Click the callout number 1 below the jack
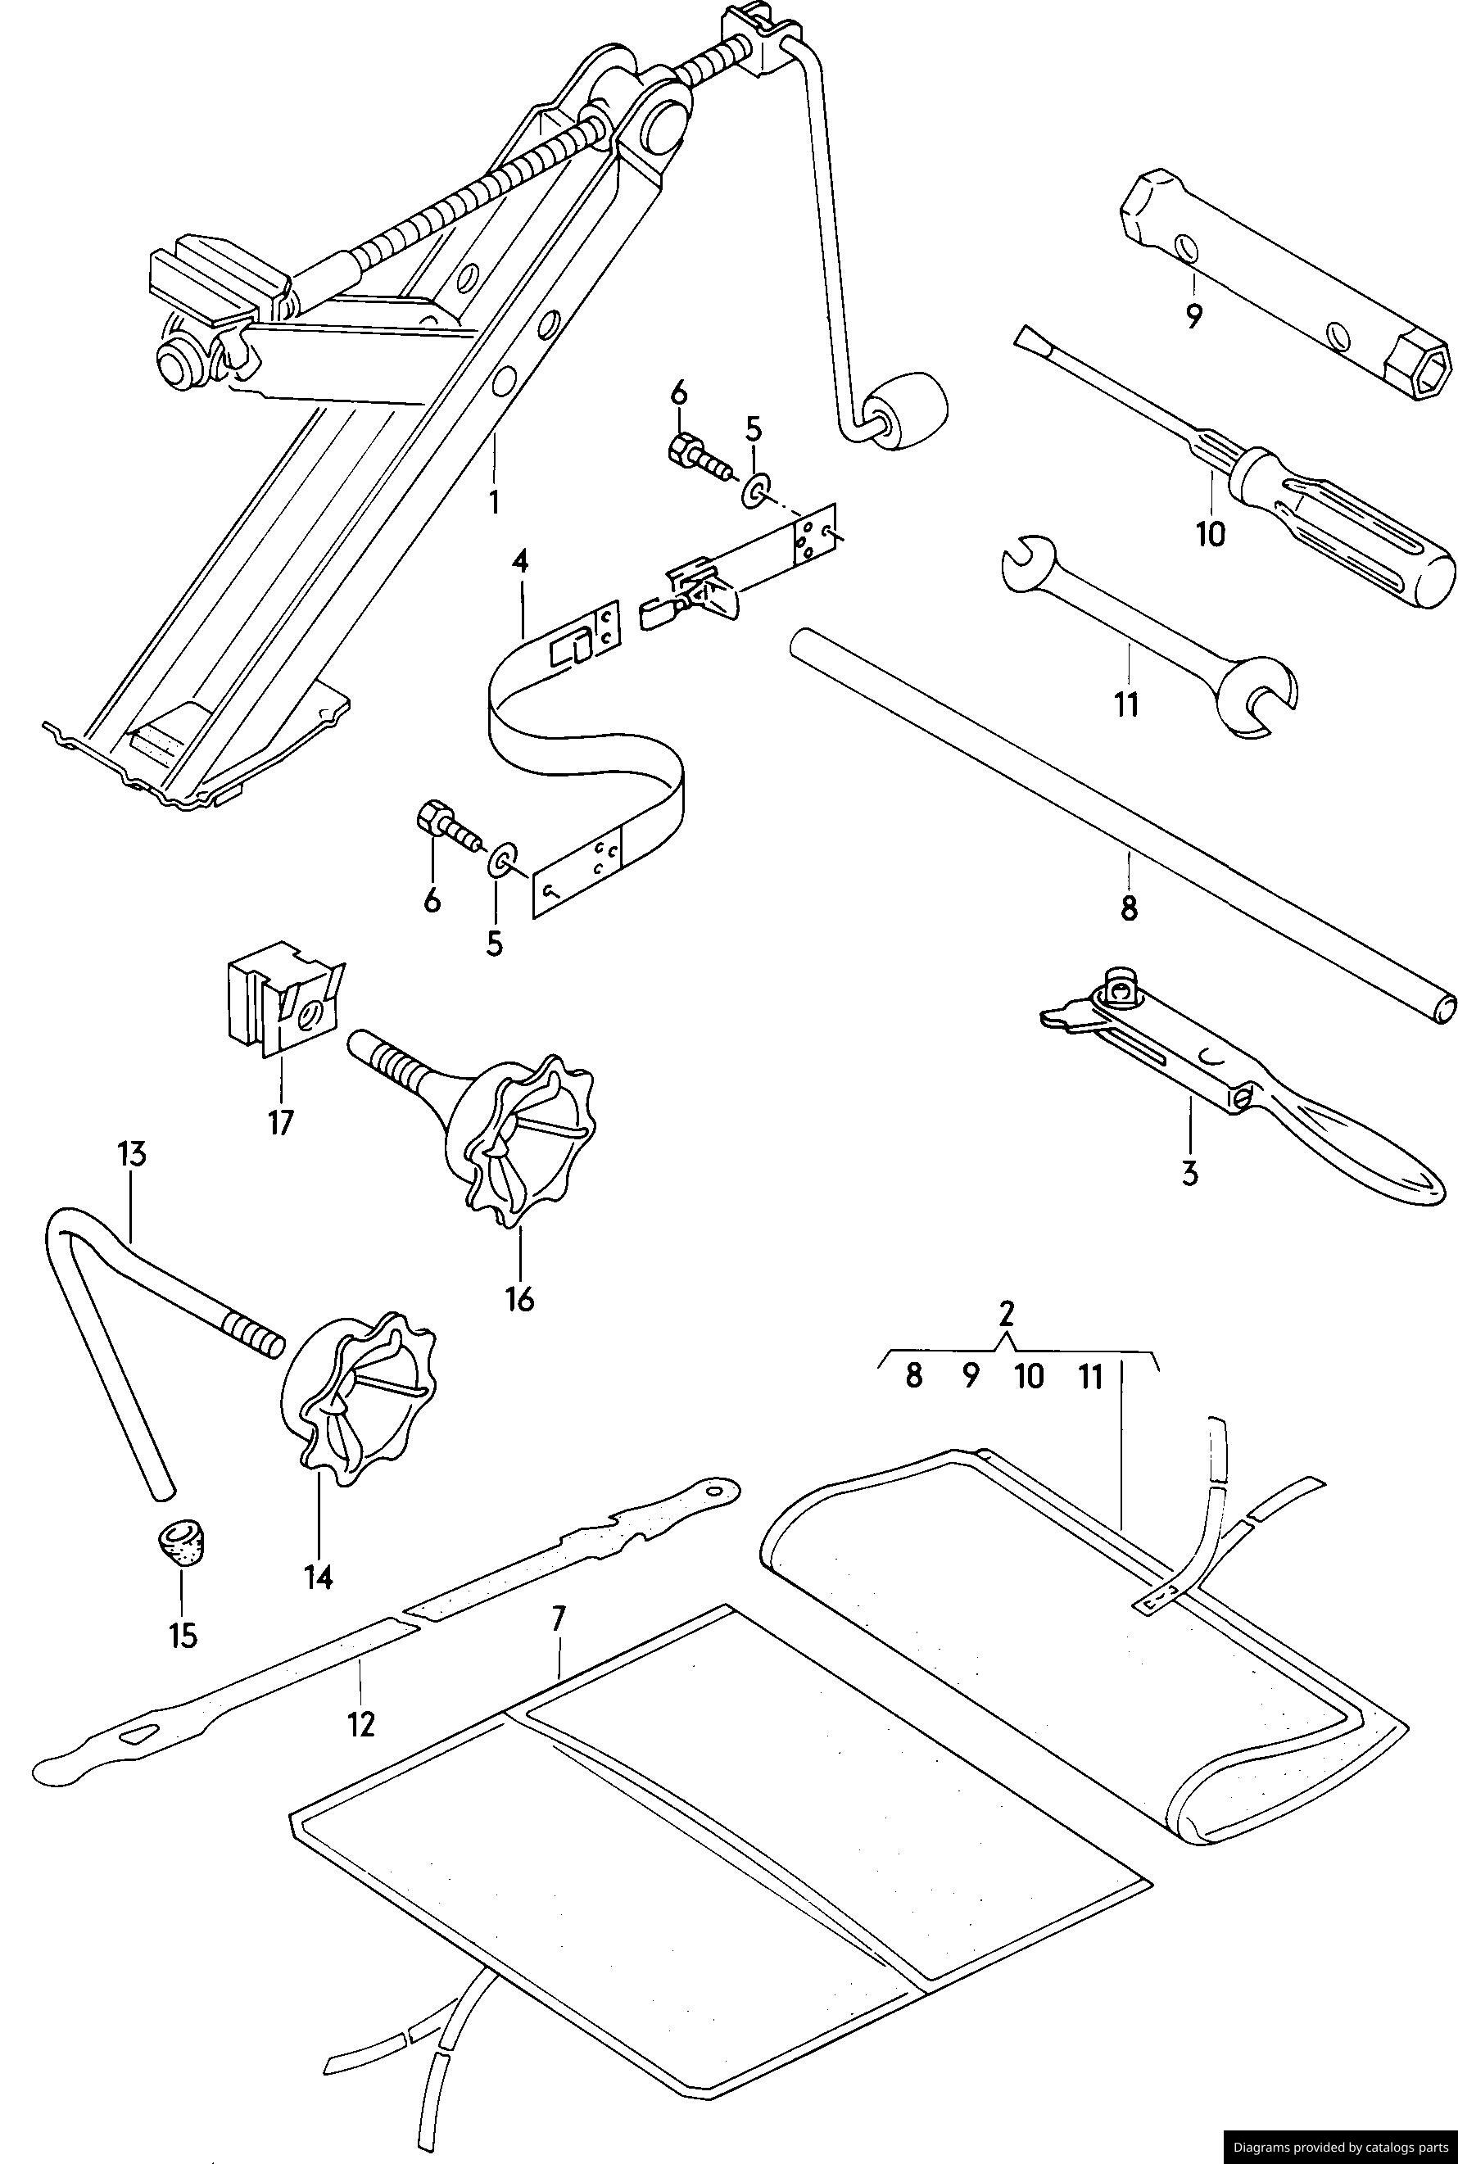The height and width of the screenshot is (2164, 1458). coord(494,503)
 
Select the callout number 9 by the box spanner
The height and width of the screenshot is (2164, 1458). coord(1194,316)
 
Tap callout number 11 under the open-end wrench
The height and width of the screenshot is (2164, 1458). coord(1127,704)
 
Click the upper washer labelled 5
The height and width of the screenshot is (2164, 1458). coord(754,488)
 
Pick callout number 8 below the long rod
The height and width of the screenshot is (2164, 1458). coord(1129,907)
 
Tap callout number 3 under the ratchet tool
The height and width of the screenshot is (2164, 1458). coord(1189,1174)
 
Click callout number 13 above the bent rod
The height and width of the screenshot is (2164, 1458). coord(132,1156)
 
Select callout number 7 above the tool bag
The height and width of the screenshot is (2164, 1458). coord(557,1619)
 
